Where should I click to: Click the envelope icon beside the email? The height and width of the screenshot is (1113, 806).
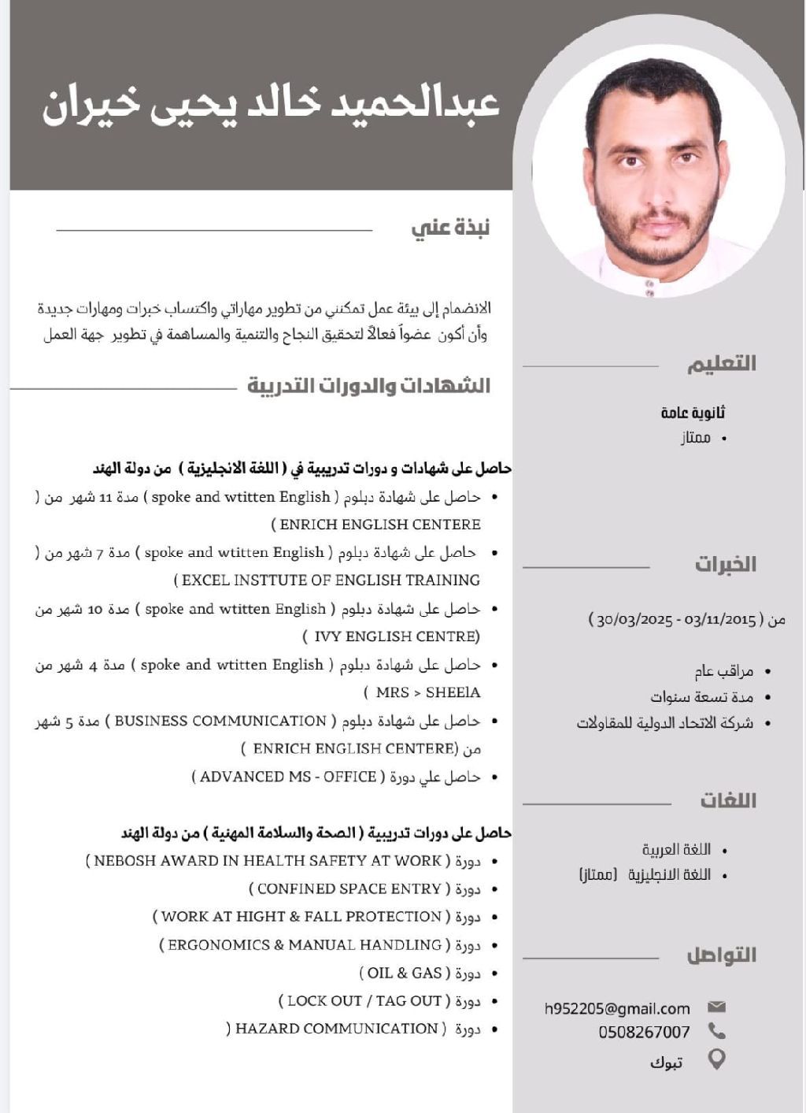pyautogui.click(x=716, y=1007)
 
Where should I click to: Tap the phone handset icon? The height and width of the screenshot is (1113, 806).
pyautogui.click(x=716, y=1031)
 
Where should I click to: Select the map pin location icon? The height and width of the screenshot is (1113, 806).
pyautogui.click(x=716, y=1059)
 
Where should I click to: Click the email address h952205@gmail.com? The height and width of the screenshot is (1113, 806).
pyautogui.click(x=617, y=1008)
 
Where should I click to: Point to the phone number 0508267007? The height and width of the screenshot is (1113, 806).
pyautogui.click(x=644, y=1032)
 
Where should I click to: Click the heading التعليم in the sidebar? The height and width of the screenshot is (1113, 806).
pyautogui.click(x=721, y=363)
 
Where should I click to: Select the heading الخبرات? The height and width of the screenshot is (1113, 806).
pyautogui.click(x=725, y=564)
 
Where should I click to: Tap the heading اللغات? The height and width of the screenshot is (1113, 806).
pyautogui.click(x=728, y=800)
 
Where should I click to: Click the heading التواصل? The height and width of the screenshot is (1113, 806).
pyautogui.click(x=721, y=955)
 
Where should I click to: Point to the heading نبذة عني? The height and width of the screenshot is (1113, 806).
pyautogui.click(x=450, y=228)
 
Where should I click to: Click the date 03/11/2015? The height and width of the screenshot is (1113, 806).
pyautogui.click(x=720, y=620)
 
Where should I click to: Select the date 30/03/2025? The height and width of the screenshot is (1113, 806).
pyautogui.click(x=634, y=620)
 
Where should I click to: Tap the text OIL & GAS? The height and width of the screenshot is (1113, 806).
pyautogui.click(x=405, y=973)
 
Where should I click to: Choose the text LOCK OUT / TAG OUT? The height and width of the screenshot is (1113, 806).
pyautogui.click(x=364, y=1000)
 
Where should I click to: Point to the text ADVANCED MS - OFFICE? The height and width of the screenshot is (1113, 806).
pyautogui.click(x=288, y=777)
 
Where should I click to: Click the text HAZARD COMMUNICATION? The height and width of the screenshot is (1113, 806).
pyautogui.click(x=336, y=1029)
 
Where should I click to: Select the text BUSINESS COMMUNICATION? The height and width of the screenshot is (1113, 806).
pyautogui.click(x=220, y=721)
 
